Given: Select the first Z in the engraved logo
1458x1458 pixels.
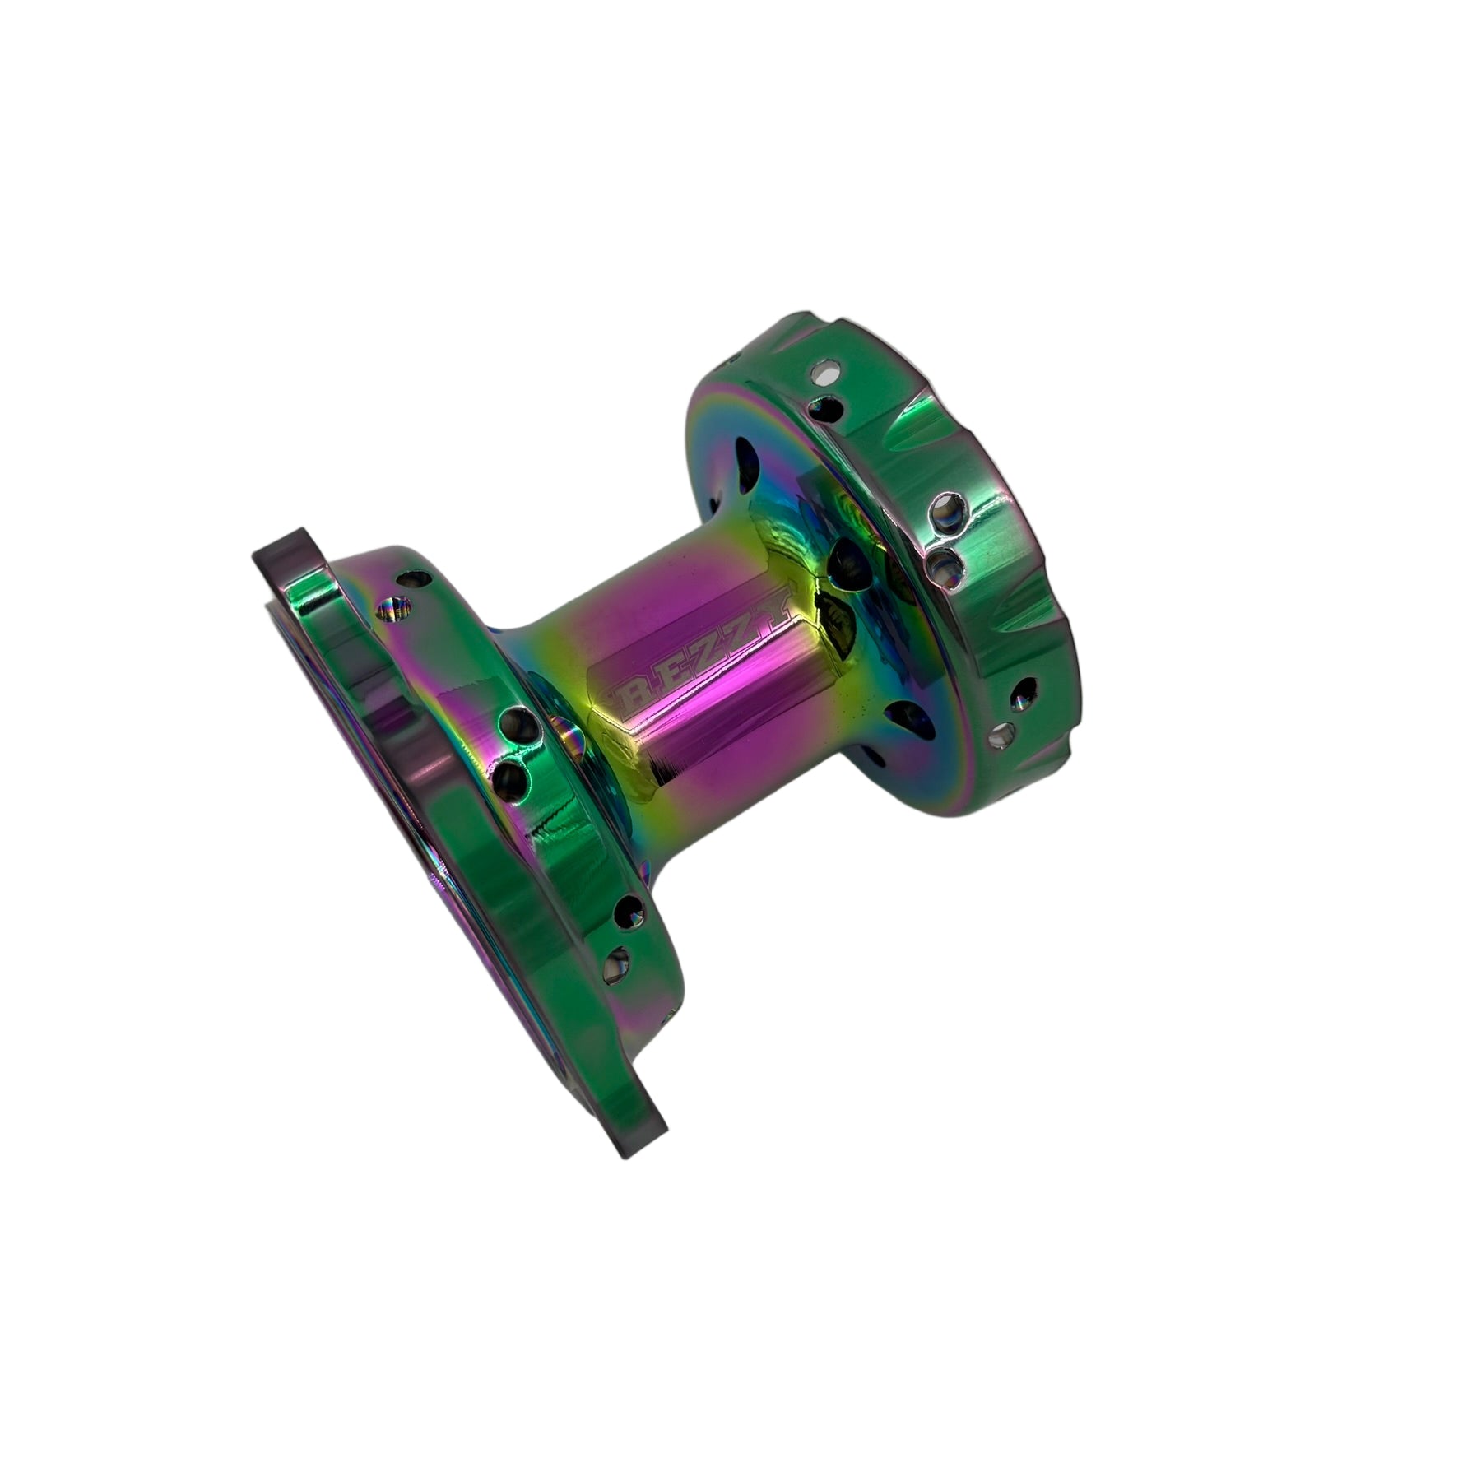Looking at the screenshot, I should coord(705,653).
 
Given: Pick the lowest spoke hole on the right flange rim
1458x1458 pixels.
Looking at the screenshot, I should coord(1005,731).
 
